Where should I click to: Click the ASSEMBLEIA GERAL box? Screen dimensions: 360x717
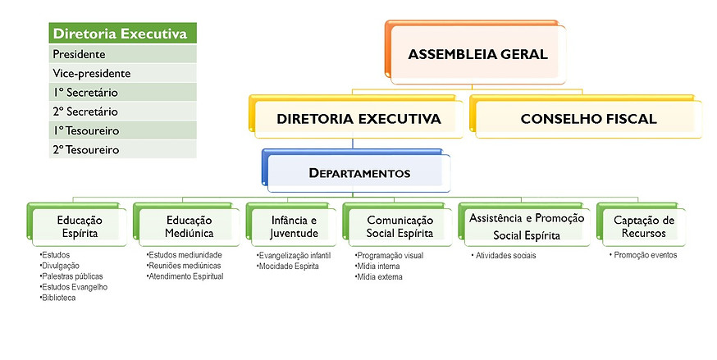point(477,55)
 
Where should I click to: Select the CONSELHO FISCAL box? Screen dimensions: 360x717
point(588,119)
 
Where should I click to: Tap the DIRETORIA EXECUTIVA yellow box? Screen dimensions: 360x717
point(358,119)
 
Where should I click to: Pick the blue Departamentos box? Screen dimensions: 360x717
point(359,173)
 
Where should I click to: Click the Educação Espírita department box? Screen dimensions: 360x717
point(80,226)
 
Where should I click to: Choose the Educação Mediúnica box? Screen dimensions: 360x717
point(188,226)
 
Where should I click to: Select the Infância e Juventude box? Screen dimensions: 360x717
point(293,226)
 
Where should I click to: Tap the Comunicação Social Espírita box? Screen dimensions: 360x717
point(399,226)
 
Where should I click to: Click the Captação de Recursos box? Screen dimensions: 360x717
point(643,226)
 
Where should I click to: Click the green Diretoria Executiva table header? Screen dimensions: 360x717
point(122,34)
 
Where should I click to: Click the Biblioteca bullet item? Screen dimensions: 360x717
point(60,298)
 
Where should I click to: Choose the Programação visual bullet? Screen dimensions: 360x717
point(390,256)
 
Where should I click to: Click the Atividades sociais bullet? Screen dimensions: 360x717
point(506,256)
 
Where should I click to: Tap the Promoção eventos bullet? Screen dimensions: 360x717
point(644,255)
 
